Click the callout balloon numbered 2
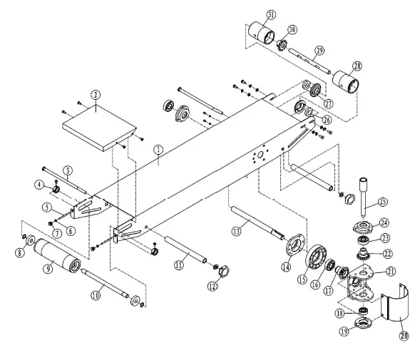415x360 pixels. [95, 94]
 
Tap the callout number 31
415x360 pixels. [251, 15]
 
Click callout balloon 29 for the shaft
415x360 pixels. [319, 50]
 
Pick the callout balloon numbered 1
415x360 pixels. [159, 150]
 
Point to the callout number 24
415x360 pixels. [383, 222]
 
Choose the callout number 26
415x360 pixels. [326, 120]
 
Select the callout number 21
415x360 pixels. [391, 271]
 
